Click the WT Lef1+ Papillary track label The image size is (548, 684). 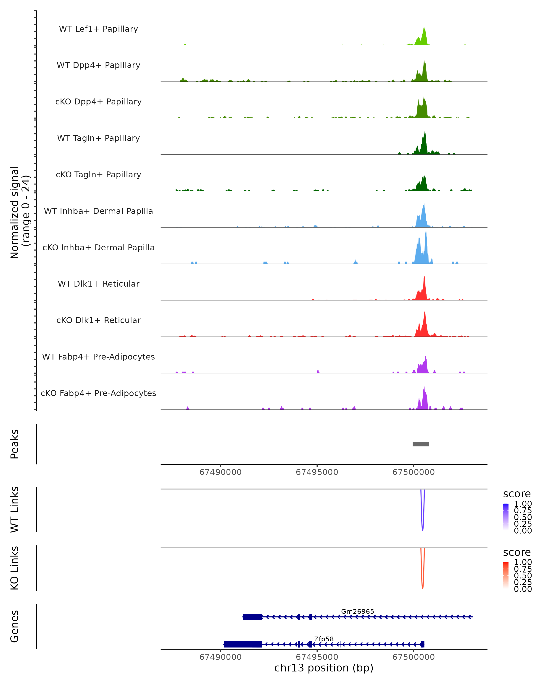coord(98,29)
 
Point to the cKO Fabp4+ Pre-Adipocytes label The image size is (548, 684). coord(98,393)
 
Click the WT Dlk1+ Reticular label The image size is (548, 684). coord(98,284)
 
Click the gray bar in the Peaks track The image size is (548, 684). coord(421,444)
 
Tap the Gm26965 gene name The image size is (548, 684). coord(357,611)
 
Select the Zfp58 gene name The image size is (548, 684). coord(324,639)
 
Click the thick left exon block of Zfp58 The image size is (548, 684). coord(243,644)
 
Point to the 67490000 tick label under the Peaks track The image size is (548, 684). coord(221,472)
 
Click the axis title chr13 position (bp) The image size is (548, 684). coord(324,668)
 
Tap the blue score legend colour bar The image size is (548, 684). coord(506,517)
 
